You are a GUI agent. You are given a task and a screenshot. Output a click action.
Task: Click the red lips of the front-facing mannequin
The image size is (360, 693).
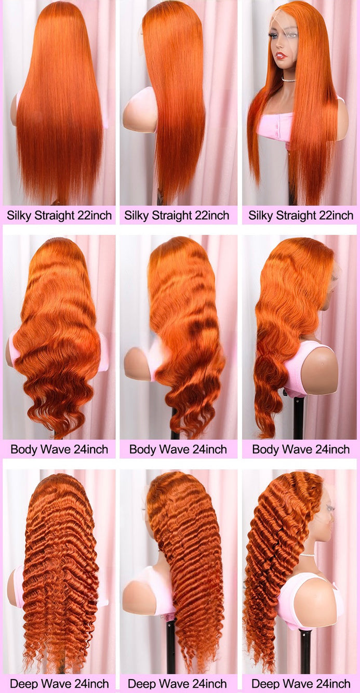point(290,56)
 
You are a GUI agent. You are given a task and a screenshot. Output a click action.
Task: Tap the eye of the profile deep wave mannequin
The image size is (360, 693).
point(330,508)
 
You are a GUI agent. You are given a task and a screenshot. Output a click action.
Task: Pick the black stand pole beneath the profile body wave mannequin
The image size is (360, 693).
point(299,418)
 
